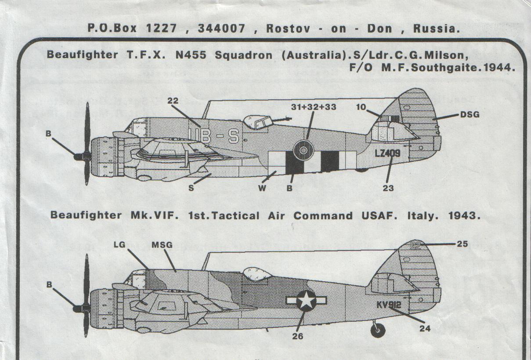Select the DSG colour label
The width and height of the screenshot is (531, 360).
click(470, 115)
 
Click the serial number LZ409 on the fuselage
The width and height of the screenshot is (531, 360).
click(388, 153)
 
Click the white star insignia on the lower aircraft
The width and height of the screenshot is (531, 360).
click(306, 302)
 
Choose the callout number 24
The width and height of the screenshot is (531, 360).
click(424, 327)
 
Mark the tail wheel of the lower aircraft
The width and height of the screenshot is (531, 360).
click(378, 329)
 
